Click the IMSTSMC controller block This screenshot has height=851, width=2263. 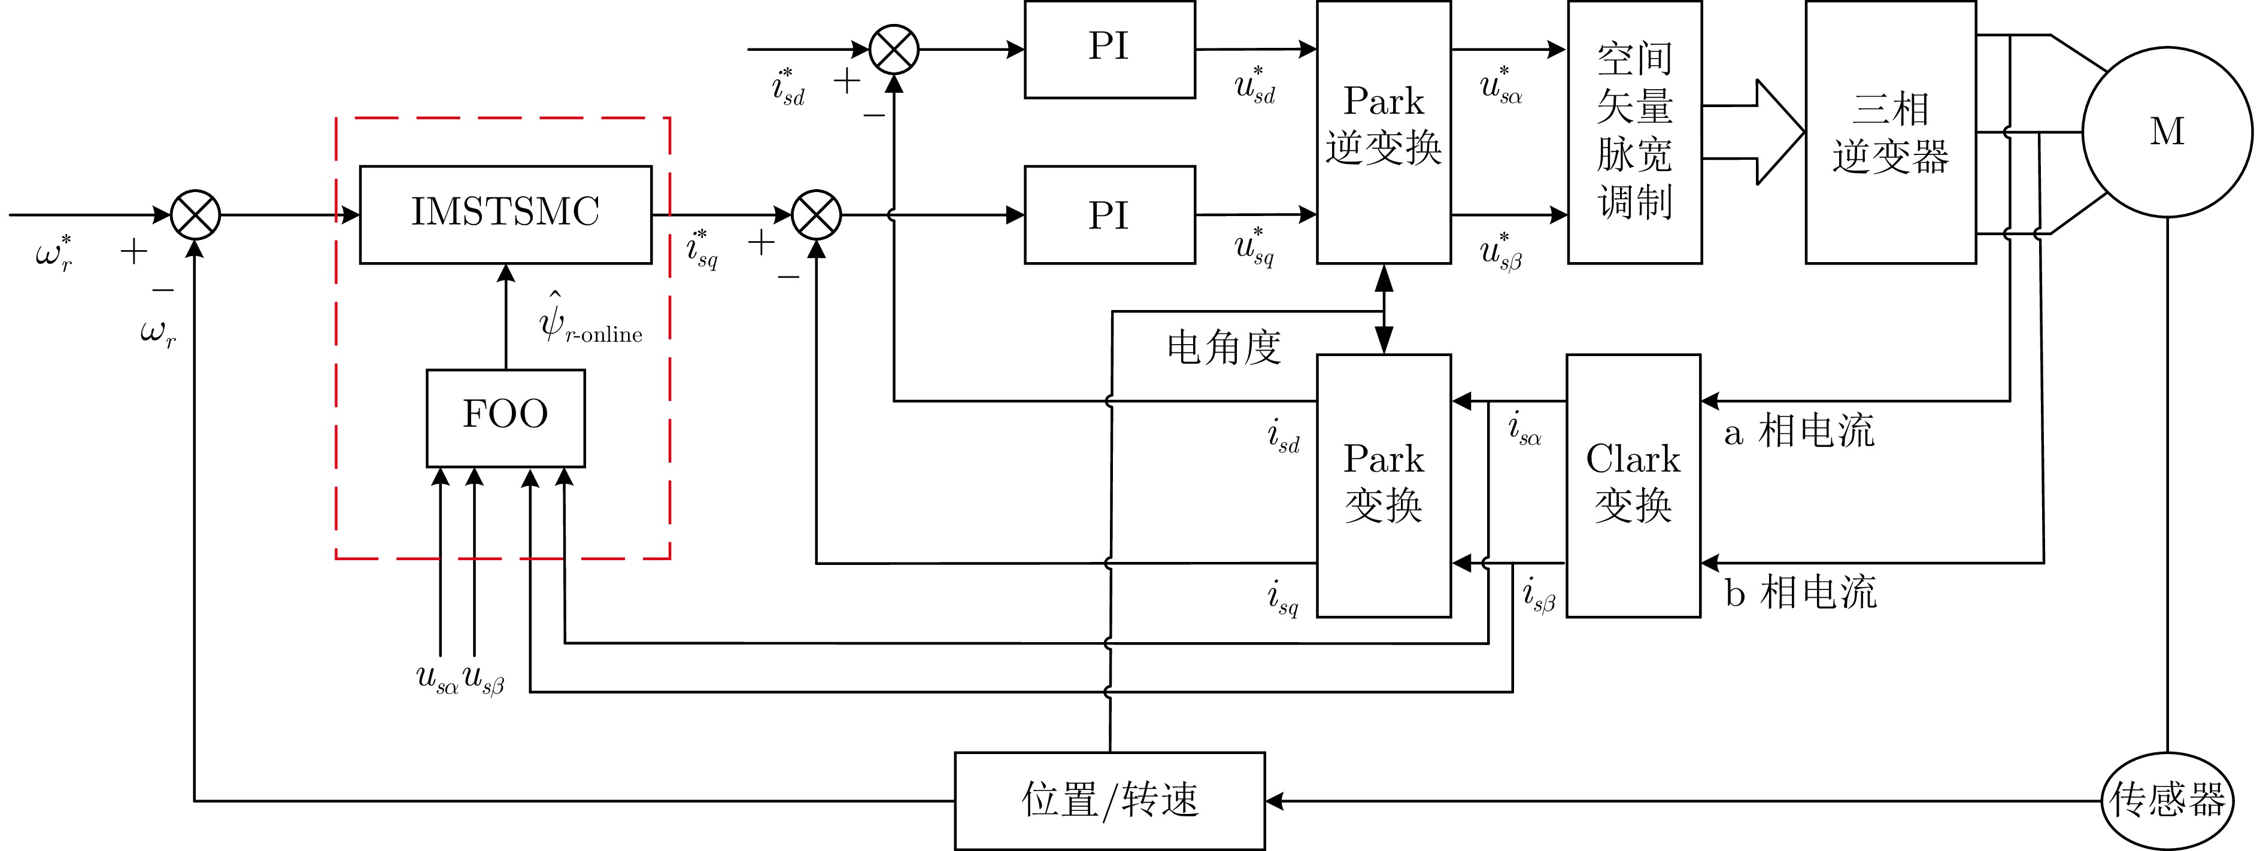coord(505,214)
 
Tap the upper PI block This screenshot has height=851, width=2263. coord(1109,49)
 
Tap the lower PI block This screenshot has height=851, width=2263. coord(1109,214)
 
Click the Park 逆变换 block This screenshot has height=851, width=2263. coord(1383,132)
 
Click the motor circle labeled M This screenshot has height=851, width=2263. coord(2167,132)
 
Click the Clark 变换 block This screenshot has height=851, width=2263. coord(1633,485)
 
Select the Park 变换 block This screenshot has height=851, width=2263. coord(1383,485)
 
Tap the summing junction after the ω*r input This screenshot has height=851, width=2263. coord(195,214)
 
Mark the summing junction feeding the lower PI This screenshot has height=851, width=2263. coord(816,214)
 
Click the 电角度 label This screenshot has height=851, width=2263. coord(1223,348)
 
